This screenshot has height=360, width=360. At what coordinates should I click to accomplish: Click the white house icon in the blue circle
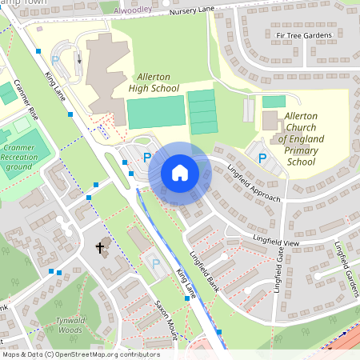click(x=180, y=173)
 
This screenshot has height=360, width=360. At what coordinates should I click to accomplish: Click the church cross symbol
click(x=100, y=247)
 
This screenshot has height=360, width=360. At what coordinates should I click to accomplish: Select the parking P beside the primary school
click(x=262, y=158)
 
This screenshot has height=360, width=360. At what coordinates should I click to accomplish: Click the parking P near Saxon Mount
click(x=156, y=262)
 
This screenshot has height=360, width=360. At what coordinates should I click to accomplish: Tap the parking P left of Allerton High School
click(x=55, y=59)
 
